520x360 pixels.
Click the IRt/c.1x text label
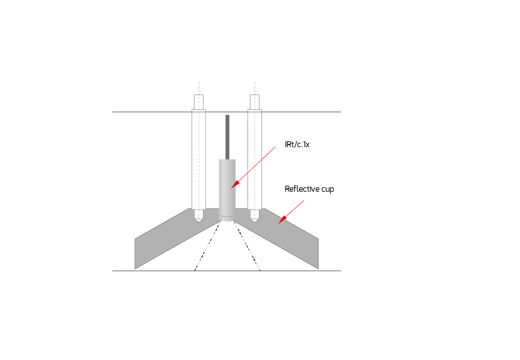pyautogui.click(x=297, y=145)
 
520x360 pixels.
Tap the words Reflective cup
pyautogui.click(x=309, y=189)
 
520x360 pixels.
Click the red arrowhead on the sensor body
pyautogui.click(x=234, y=186)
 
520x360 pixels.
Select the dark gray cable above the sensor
pyautogui.click(x=227, y=136)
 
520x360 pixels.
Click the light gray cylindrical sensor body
pyautogui.click(x=227, y=185)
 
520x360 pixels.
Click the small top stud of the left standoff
pyautogui.click(x=199, y=102)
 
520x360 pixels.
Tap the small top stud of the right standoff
pyautogui.click(x=255, y=102)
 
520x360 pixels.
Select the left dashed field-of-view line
pyautogui.click(x=206, y=247)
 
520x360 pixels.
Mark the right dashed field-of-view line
pyautogui.click(x=249, y=247)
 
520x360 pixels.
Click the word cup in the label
pyautogui.click(x=327, y=190)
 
